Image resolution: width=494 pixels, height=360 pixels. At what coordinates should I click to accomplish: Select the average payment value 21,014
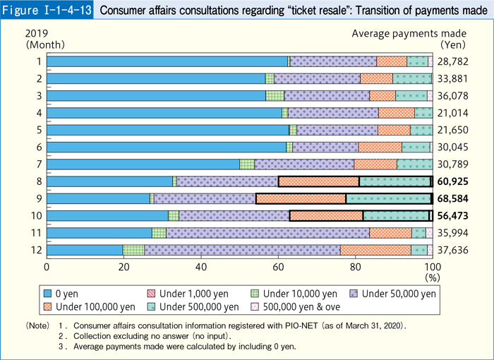coord(455,113)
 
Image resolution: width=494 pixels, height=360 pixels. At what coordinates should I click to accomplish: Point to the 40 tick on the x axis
coord(201,267)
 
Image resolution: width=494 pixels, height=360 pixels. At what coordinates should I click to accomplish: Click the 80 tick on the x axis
coord(355,267)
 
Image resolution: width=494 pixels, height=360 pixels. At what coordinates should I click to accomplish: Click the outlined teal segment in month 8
coord(394,181)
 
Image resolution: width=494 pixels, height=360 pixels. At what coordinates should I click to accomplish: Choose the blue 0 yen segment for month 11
coord(100,233)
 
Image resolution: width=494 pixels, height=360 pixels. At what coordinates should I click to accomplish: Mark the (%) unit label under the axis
coord(430,278)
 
